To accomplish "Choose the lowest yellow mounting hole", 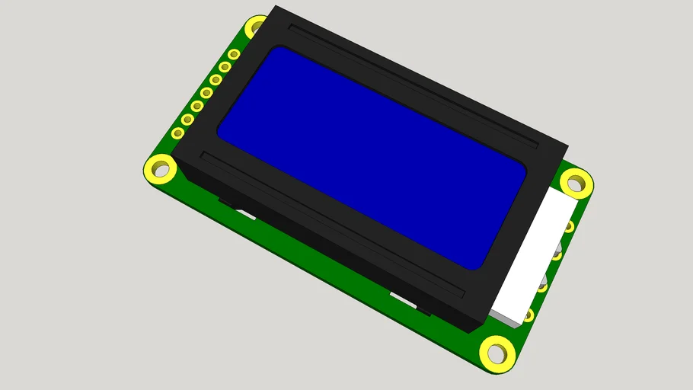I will tap(497, 353).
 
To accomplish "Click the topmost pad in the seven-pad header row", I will tap(234, 54).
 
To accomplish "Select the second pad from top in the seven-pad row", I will tap(225, 67).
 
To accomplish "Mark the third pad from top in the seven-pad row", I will tap(216, 80).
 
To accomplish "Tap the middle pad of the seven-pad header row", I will tap(206, 93).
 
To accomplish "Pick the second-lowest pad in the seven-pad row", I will tap(187, 120).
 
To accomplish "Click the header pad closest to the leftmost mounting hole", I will tap(178, 133).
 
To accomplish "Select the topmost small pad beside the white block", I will tap(569, 226).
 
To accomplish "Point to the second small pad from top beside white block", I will tap(557, 254).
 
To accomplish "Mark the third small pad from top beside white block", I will tap(542, 287).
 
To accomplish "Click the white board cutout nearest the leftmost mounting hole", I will tap(245, 214).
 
